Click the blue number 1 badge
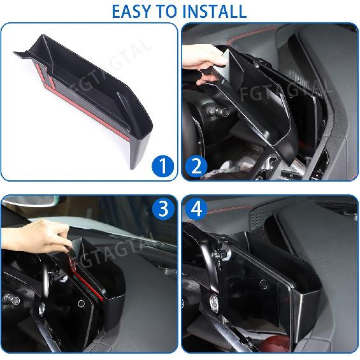click(164, 167)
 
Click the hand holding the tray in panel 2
click(203, 70)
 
